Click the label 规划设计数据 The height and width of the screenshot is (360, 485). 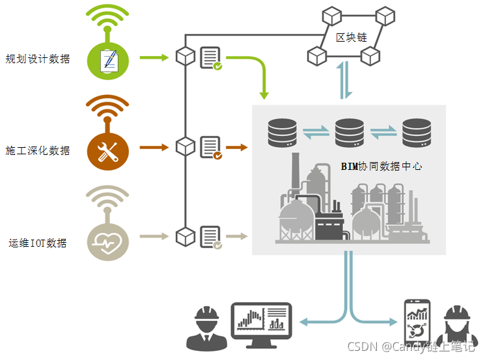38,59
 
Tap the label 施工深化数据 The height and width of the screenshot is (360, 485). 38,150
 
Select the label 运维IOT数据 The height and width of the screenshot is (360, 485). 38,243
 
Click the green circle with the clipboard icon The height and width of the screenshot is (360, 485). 108,59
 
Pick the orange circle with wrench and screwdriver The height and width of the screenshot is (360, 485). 108,150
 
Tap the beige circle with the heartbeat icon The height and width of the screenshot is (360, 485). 108,242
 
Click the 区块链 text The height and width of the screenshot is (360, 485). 352,37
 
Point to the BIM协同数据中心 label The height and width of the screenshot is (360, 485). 381,166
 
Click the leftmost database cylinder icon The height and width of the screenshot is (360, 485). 283,133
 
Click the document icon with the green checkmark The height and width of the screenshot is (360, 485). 210,57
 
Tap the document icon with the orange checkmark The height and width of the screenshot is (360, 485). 210,147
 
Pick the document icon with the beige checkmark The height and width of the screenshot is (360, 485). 210,238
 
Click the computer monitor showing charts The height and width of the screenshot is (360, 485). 262,322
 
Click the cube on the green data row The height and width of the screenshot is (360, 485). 186,56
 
